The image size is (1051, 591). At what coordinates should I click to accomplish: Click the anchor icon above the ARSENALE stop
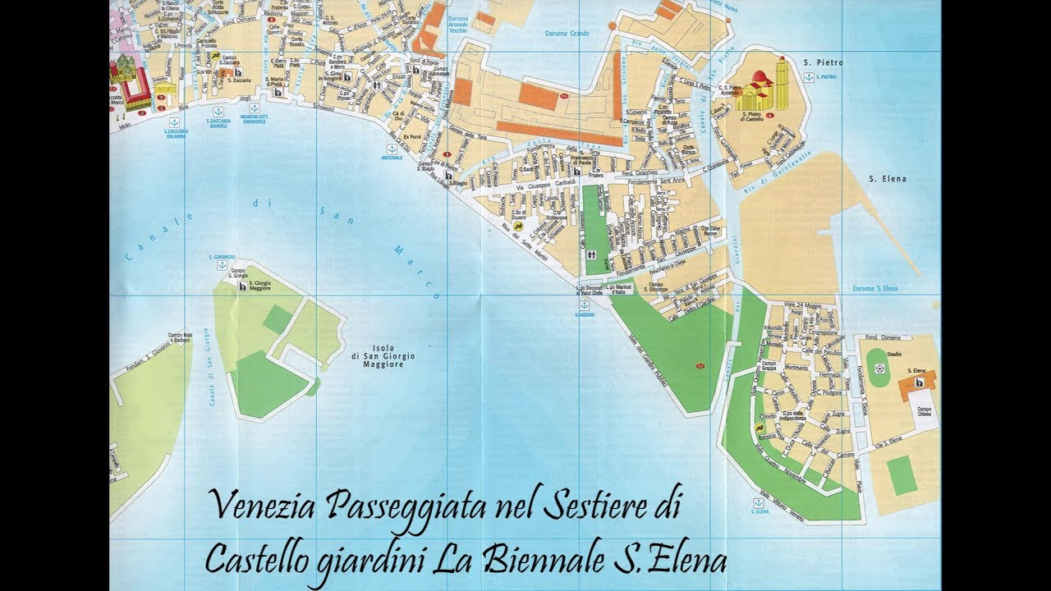click(392, 149)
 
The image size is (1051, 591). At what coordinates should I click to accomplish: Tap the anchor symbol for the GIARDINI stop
click(585, 305)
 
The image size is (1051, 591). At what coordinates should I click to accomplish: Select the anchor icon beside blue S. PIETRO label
click(809, 76)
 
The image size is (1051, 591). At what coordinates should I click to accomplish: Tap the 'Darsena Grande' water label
click(567, 34)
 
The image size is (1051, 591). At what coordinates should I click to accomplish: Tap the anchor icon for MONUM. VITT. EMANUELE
click(255, 108)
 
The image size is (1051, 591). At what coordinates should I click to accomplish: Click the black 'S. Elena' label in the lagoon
click(888, 178)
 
